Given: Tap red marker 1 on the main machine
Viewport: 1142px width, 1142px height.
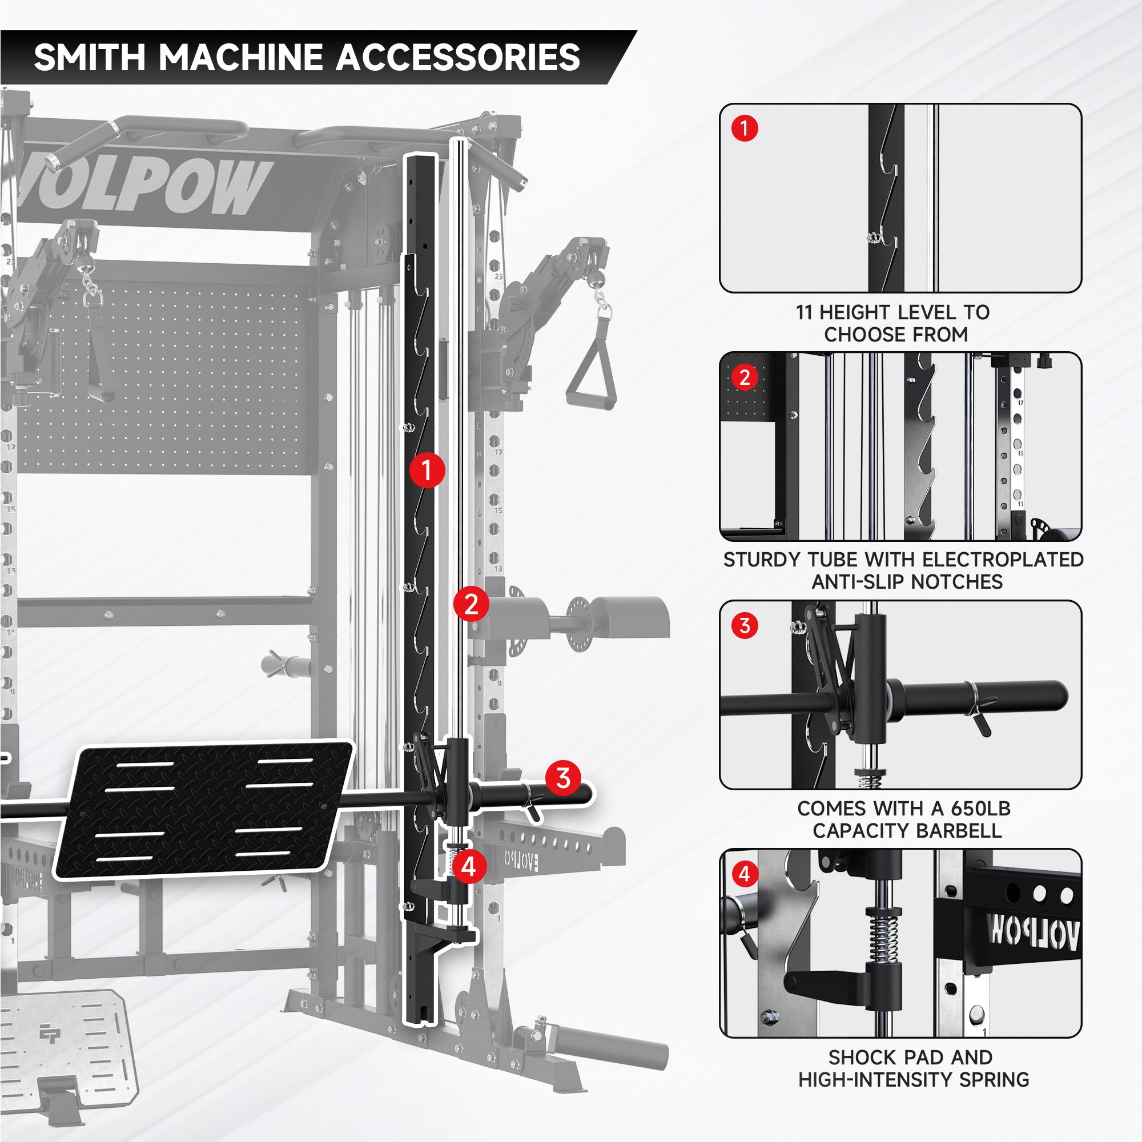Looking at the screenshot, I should [x=427, y=471].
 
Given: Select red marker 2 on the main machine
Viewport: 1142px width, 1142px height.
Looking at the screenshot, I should [x=471, y=604].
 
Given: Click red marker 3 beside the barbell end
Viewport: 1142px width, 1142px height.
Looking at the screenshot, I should [x=563, y=778].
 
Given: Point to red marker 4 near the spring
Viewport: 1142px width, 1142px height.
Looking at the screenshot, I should [x=469, y=867].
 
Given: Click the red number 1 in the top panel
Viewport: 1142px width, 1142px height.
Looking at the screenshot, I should [x=744, y=128].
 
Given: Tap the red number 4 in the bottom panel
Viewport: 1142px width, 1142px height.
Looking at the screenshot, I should [x=744, y=874].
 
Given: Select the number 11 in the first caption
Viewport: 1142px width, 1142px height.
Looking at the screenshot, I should [x=804, y=312].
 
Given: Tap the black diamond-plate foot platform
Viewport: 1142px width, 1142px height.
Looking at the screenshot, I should [x=204, y=810].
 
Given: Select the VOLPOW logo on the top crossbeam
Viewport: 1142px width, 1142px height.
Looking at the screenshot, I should [x=142, y=186].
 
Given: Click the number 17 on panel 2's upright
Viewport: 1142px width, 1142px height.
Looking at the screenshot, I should [x=1021, y=403].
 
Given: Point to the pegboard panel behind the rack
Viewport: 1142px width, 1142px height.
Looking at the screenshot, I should [x=166, y=379].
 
